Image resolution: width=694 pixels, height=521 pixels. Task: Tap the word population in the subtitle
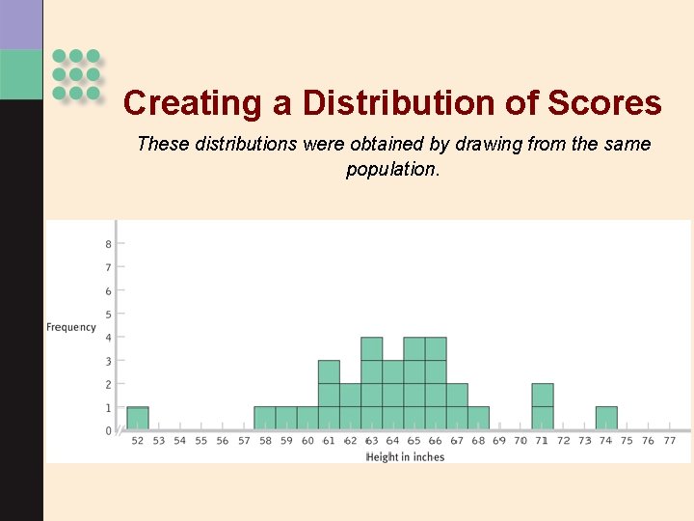390,169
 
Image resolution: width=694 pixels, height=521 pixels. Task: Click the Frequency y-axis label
71,327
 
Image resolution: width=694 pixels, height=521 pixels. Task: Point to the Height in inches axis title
405,456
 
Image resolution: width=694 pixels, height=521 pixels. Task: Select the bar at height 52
138,419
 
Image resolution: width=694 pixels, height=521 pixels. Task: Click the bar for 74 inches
606,419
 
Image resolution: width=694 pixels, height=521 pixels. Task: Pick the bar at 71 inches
543,407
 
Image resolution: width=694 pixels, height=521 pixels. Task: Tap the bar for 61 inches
329,396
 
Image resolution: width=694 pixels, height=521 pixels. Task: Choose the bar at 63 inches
372,384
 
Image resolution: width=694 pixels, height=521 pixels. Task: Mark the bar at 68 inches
478,419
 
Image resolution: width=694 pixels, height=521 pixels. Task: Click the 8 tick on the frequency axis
109,244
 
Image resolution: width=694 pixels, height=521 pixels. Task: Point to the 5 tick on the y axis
109,315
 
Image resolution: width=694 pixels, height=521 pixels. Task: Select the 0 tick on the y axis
109,431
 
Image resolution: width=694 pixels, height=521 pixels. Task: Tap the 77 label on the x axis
670,441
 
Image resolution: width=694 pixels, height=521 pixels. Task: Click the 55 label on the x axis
201,441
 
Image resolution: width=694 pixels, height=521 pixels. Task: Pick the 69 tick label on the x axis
499,441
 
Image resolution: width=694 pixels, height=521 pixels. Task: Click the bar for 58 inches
265,419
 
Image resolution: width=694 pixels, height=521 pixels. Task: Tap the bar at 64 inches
393,396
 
